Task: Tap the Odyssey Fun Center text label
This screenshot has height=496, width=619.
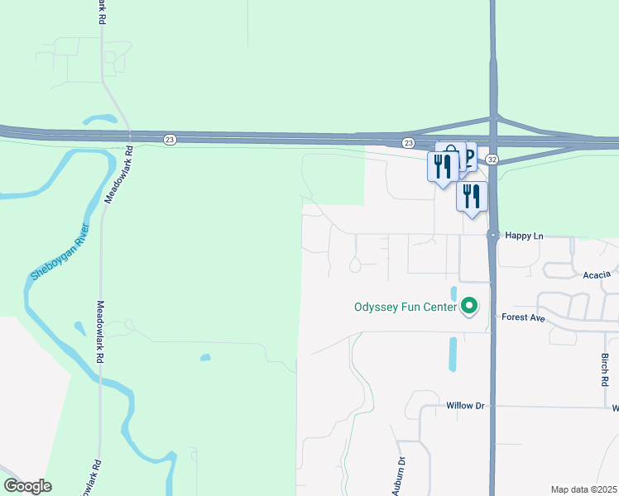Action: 405,308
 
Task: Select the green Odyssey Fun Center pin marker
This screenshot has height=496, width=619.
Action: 469,307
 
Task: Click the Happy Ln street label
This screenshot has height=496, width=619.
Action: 525,236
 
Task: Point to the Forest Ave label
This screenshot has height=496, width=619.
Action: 523,317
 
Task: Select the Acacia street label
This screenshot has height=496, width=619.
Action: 596,274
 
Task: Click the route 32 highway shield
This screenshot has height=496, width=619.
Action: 492,159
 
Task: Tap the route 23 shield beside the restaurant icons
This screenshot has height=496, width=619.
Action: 408,143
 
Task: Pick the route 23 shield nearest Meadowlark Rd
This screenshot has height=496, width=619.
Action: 170,141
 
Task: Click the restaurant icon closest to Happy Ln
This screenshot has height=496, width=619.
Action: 472,197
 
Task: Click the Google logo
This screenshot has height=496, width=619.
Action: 27,486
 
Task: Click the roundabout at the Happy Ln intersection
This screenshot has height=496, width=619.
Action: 492,236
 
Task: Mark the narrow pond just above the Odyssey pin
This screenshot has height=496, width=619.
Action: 453,293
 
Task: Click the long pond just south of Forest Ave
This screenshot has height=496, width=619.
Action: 453,353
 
